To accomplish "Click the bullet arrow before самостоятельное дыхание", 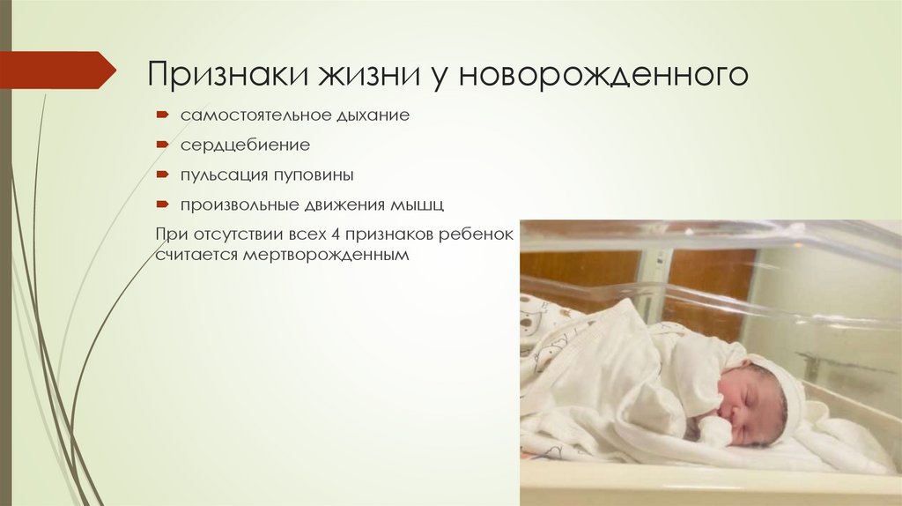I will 163,115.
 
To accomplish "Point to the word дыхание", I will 371,115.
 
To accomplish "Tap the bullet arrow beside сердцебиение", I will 163,145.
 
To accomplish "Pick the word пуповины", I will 313,175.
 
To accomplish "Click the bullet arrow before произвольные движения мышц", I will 163,205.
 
